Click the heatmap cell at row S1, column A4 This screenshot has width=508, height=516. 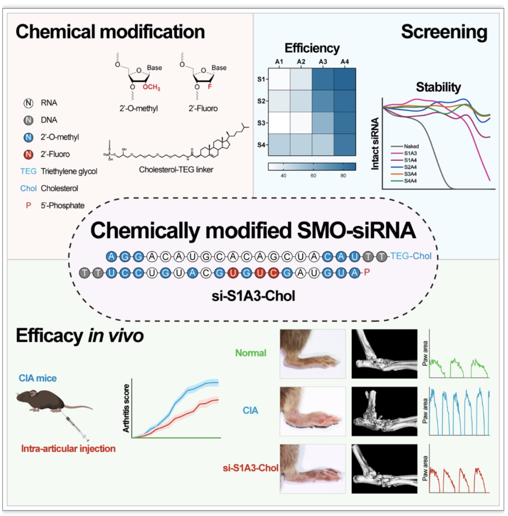[345, 79]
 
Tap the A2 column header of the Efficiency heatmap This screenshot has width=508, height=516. [301, 62]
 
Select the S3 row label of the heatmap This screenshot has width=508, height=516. [261, 123]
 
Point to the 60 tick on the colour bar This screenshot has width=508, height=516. [313, 176]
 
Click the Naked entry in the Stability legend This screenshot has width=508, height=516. [411, 146]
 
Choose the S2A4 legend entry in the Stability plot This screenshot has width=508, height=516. [410, 167]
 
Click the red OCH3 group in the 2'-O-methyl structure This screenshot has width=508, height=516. [151, 88]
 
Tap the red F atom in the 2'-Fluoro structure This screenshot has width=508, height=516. [210, 87]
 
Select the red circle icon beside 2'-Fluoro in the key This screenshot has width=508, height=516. [29, 154]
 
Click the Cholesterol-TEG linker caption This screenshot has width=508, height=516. [176, 170]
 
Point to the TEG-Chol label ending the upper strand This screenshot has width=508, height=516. [411, 256]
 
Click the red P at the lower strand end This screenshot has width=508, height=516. [367, 272]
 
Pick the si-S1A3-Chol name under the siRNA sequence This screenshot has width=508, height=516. [254, 296]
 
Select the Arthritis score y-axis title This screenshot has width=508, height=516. [126, 408]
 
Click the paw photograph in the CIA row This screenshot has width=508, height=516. [313, 411]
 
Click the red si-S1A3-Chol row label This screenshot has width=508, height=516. [250, 468]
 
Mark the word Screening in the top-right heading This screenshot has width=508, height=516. [444, 32]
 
